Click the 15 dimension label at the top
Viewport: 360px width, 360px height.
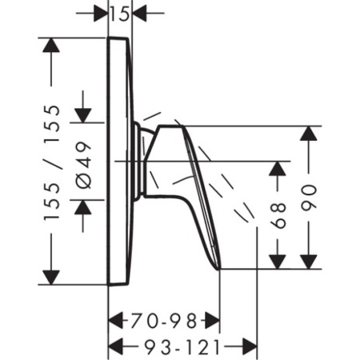tap(120, 14)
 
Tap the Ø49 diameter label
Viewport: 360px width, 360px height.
tap(83, 165)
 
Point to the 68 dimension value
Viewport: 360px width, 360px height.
tap(278, 215)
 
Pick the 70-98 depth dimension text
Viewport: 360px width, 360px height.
tap(164, 321)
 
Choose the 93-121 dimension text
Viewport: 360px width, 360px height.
tap(182, 347)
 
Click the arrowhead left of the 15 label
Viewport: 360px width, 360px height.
tap(101, 13)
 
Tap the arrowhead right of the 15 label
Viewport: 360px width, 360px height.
tap(139, 13)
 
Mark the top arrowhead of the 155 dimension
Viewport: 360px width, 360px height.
tap(51, 46)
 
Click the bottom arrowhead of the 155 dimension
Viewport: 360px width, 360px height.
tap(51, 278)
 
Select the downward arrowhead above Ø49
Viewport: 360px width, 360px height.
tap(83, 116)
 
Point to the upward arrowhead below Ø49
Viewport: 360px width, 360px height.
tap(83, 207)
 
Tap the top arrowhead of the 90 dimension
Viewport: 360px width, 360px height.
tap(309, 134)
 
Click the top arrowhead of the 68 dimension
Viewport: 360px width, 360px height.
tap(278, 169)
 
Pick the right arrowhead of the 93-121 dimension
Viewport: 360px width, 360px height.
tap(250, 346)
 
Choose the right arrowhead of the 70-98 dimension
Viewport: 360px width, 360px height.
tap(212, 321)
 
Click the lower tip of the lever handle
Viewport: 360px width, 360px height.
tap(219, 269)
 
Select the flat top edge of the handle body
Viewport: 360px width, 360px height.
tap(170, 126)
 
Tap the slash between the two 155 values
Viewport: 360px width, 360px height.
tap(58, 163)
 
